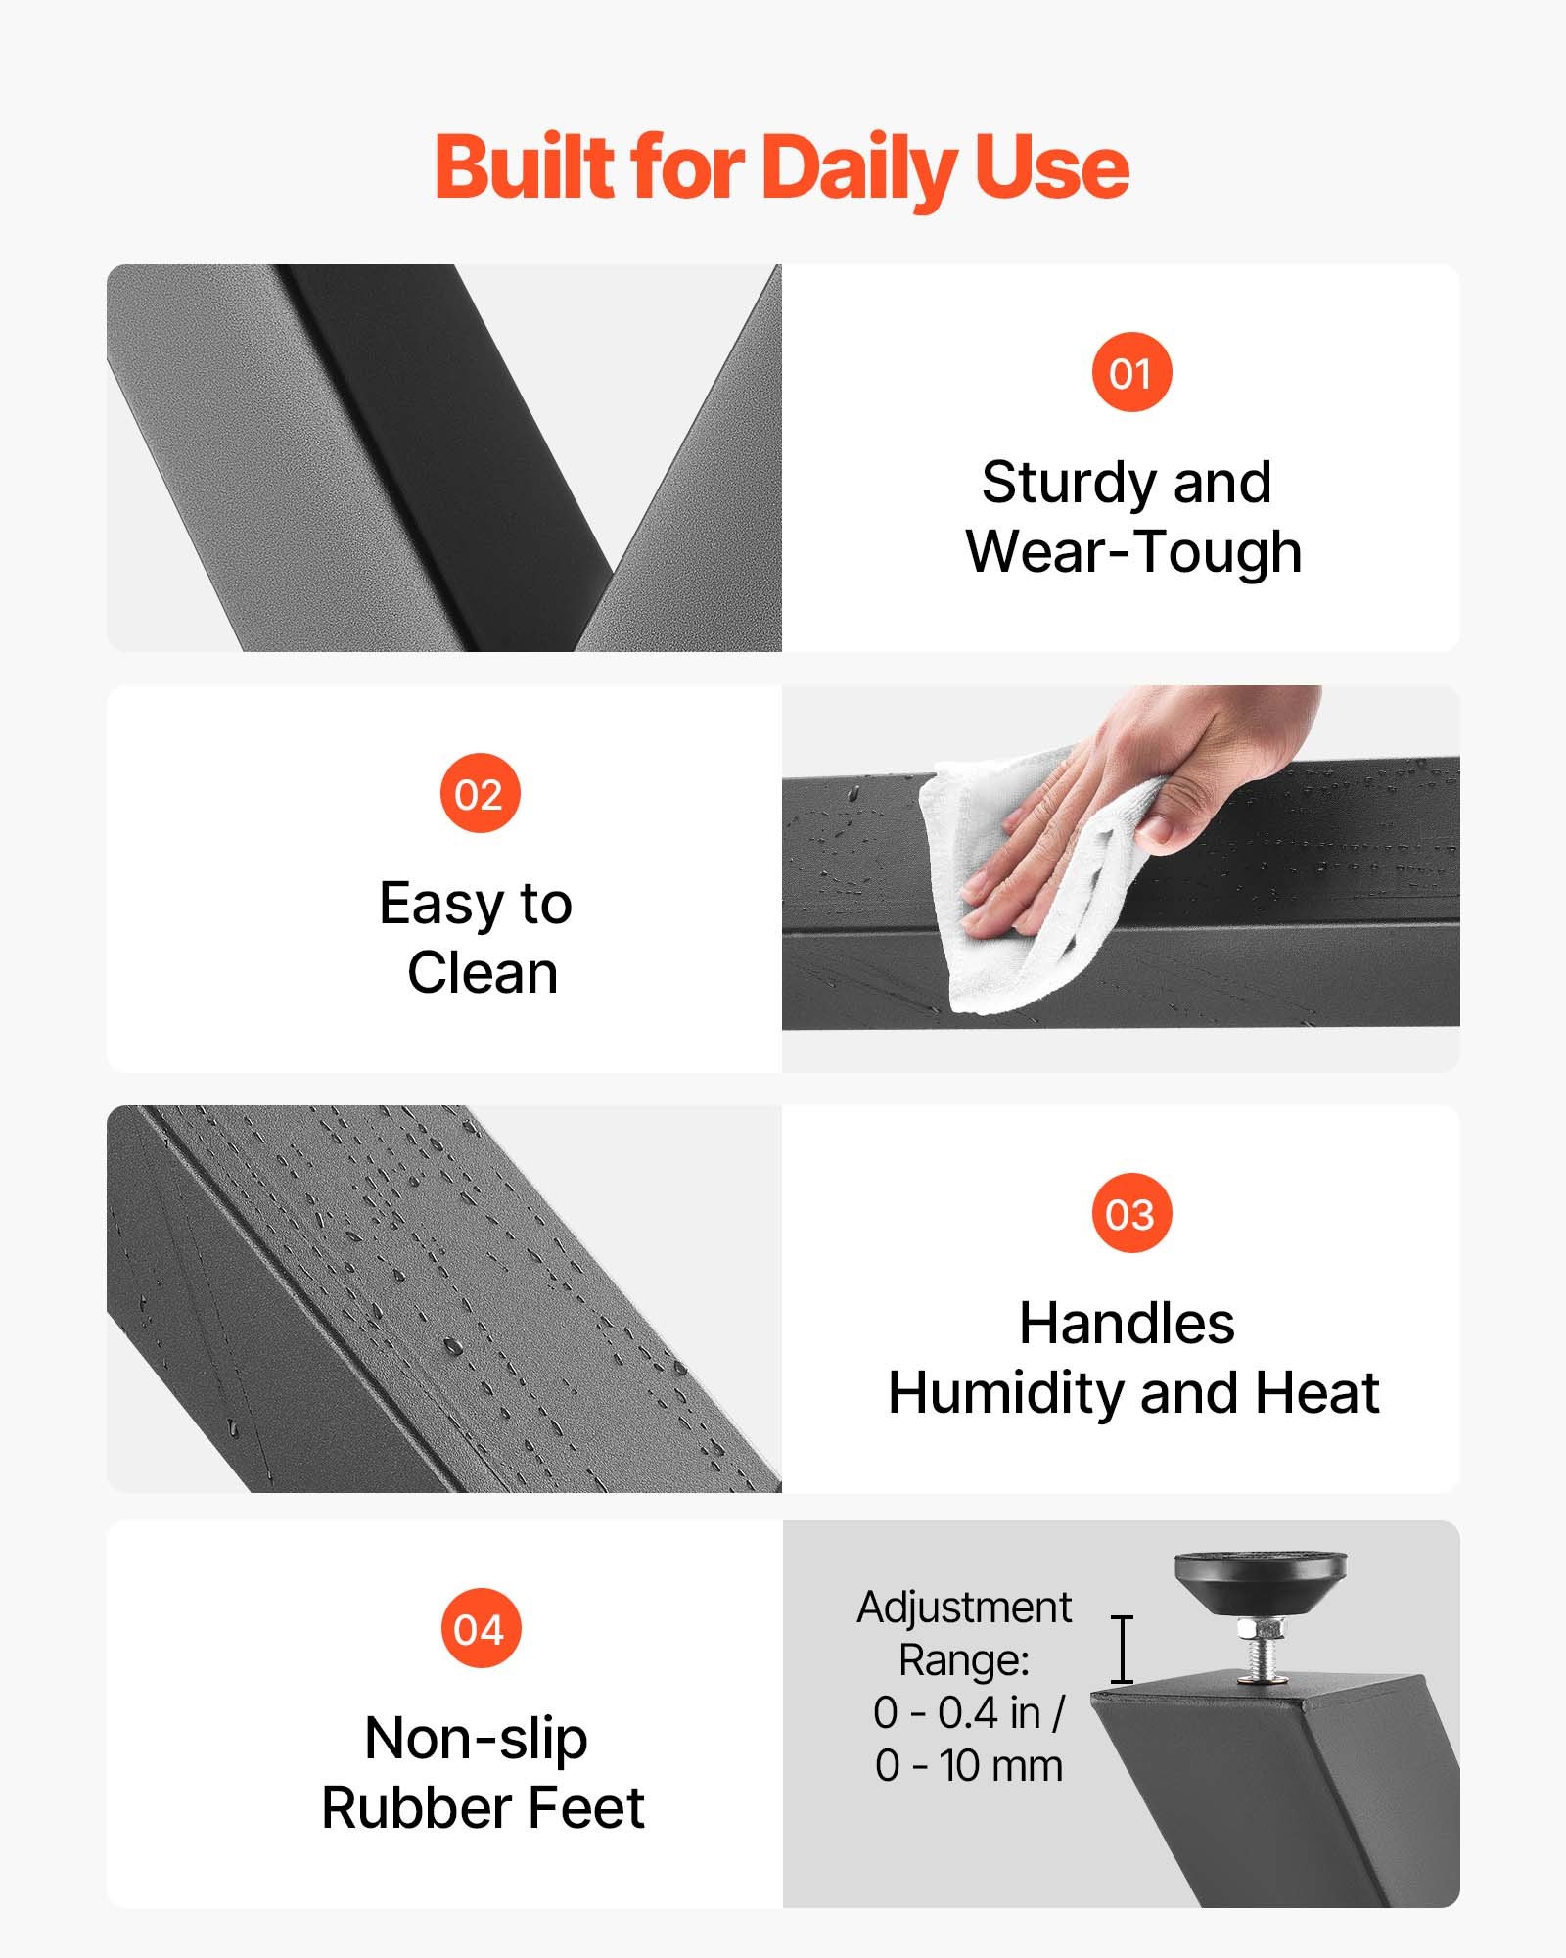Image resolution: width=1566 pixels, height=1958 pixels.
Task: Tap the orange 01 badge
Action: point(1131,372)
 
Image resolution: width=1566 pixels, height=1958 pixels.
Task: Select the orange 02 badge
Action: point(480,793)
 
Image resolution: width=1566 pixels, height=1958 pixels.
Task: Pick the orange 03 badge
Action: point(1131,1213)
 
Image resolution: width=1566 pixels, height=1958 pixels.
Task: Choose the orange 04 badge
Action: point(480,1628)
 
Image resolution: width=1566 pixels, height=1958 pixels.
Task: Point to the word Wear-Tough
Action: point(1133,551)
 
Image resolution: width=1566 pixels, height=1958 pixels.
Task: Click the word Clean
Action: point(483,973)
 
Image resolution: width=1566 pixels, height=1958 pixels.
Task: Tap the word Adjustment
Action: point(964,1608)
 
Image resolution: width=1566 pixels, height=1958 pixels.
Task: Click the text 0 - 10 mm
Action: point(969,1765)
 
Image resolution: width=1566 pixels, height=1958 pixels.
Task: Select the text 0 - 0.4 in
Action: point(956,1712)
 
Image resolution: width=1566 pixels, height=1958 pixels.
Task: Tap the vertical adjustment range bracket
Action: point(1123,1650)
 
